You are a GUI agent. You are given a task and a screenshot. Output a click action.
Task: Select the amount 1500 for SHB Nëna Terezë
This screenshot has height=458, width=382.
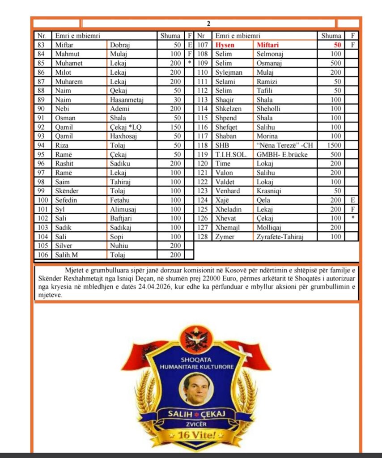click(x=334, y=145)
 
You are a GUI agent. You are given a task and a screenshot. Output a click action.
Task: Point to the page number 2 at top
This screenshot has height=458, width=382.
click(x=208, y=24)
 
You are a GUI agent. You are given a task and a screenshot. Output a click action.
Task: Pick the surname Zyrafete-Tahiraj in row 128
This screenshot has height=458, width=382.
click(x=280, y=237)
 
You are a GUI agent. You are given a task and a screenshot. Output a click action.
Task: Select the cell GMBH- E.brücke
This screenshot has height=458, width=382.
click(x=282, y=154)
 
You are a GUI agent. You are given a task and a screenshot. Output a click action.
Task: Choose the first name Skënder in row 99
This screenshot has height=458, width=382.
click(x=66, y=191)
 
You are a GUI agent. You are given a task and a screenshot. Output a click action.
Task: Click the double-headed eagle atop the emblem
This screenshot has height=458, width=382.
click(x=196, y=339)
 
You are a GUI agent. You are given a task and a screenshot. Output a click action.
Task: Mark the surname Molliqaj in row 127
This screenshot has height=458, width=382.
click(x=271, y=227)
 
